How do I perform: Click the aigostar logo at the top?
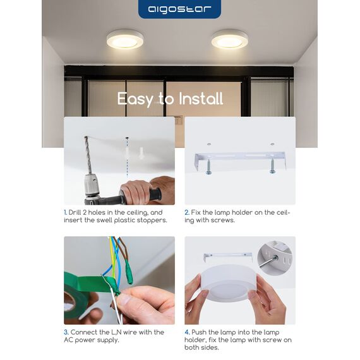pos(179,9)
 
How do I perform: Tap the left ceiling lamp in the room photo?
pos(125,40)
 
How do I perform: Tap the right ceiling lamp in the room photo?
pos(230,39)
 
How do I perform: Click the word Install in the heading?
pos(201,99)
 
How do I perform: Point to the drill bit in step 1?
pos(88,155)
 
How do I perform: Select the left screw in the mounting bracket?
pos(208,165)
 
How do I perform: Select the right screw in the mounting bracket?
pos(272,165)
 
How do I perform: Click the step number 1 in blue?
pos(65,212)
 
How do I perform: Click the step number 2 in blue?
pos(187,212)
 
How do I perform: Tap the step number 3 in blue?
pos(66,332)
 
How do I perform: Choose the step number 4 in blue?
pos(187,332)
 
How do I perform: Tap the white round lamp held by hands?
pos(229,283)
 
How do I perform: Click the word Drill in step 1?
pos(75,212)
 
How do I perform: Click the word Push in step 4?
pos(199,332)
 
